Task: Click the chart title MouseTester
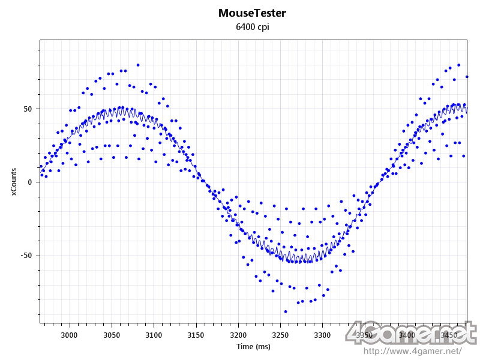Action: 252,13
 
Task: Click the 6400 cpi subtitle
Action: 252,27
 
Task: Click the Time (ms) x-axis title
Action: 253,347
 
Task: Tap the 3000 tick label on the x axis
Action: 70,335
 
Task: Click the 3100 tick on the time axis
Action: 154,335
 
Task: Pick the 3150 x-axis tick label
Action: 196,335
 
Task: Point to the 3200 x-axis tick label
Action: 238,335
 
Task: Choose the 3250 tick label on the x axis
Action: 280,335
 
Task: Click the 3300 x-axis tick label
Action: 323,335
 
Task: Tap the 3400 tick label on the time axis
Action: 407,335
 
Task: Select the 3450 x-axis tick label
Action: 449,335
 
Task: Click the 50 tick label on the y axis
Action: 28,109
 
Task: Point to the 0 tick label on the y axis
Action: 30,182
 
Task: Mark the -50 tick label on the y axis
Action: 26,256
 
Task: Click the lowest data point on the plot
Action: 286,311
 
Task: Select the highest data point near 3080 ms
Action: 138,65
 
